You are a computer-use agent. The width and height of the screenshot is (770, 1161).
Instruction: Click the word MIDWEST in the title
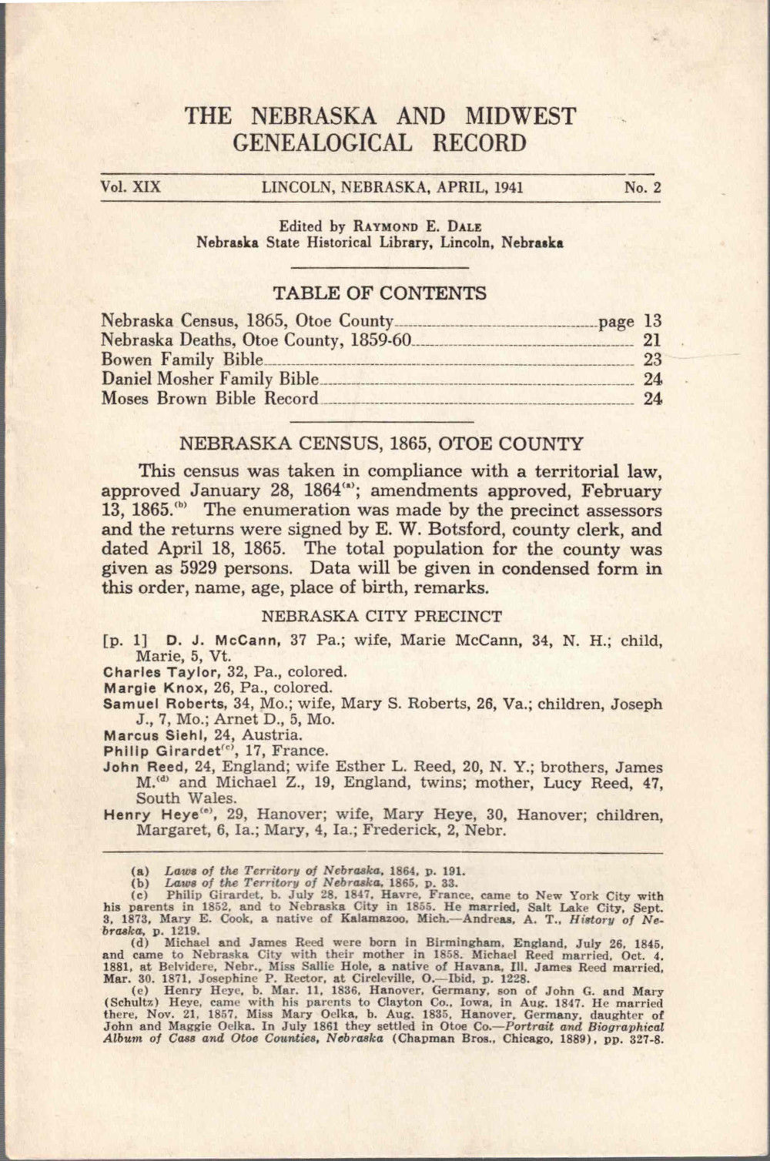520,116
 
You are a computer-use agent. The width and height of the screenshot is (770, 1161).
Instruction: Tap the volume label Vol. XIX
129,187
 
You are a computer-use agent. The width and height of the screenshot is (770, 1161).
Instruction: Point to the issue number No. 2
643,187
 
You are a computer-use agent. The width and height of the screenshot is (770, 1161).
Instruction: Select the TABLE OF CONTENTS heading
380,293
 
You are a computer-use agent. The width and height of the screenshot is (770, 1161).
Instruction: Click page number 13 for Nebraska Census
652,321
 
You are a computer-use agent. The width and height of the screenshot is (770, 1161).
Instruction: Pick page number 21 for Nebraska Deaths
652,340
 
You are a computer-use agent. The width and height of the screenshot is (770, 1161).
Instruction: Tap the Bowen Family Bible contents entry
182,360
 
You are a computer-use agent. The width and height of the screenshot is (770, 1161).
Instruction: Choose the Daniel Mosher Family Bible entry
209,379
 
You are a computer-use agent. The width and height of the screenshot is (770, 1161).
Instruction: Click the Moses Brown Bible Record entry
209,399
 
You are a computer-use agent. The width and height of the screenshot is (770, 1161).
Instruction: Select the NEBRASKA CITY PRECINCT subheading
381,616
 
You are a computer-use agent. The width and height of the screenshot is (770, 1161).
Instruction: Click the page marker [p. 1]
121,641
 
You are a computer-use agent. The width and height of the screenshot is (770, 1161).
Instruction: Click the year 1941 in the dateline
509,187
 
